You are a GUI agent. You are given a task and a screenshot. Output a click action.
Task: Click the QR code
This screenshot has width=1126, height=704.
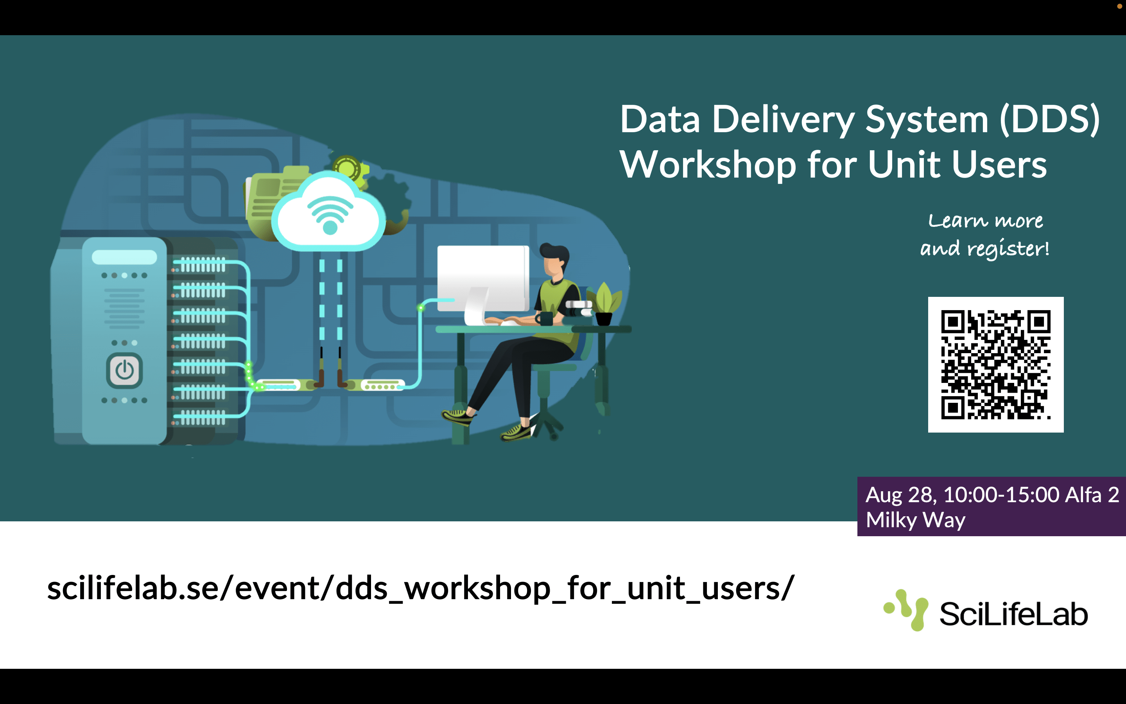click(995, 365)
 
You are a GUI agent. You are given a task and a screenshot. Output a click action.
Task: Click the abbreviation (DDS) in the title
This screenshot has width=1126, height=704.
click(1050, 120)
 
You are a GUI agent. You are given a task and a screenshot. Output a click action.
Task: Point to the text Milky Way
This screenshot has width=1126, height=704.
click(915, 520)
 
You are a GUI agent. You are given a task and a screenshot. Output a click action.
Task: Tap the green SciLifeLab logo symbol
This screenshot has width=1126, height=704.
click(907, 609)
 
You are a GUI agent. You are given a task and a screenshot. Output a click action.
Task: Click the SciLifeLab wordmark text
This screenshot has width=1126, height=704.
click(1013, 614)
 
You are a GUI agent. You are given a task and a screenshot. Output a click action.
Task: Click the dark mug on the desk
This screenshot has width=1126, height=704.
click(544, 318)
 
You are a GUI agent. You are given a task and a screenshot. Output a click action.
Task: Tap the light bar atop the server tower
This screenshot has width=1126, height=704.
click(124, 257)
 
